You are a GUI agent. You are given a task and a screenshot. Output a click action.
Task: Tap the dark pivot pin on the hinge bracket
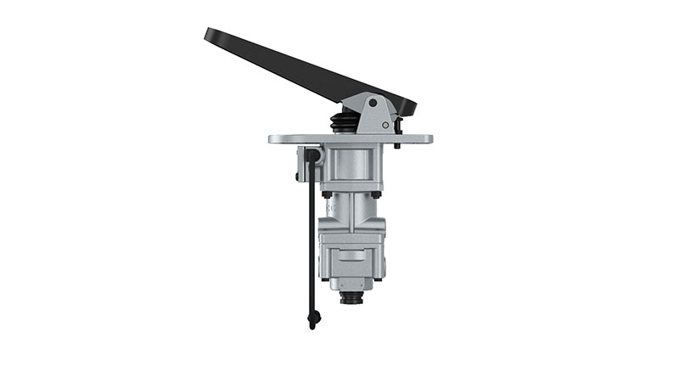pos(373,102)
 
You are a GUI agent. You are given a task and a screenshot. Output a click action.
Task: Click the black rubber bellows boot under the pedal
pos(344,123)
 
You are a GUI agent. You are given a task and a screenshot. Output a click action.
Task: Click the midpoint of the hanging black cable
pos(311,238)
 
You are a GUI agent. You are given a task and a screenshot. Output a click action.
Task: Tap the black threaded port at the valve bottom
pos(351,300)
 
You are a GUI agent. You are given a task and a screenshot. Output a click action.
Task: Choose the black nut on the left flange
pos(326,194)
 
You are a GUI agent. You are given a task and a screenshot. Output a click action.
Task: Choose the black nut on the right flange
pos(375,194)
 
